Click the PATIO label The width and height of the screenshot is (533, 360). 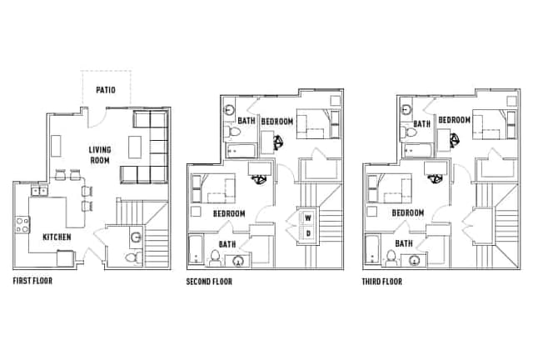(107, 89)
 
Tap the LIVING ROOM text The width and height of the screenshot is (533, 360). (101, 155)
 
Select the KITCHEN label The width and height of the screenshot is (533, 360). (57, 237)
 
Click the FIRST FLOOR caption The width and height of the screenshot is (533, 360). (32, 281)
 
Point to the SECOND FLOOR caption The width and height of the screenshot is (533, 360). (209, 282)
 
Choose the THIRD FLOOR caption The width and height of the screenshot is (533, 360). (383, 282)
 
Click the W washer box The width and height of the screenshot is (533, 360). (307, 219)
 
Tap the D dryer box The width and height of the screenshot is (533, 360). (307, 233)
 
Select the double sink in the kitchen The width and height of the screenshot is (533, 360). (39, 191)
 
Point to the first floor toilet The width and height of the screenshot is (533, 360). (132, 258)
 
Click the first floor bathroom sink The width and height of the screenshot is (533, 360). (135, 237)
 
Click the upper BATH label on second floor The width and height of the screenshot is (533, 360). (247, 121)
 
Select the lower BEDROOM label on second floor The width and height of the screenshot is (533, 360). (229, 213)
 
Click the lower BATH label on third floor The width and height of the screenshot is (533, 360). (404, 243)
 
